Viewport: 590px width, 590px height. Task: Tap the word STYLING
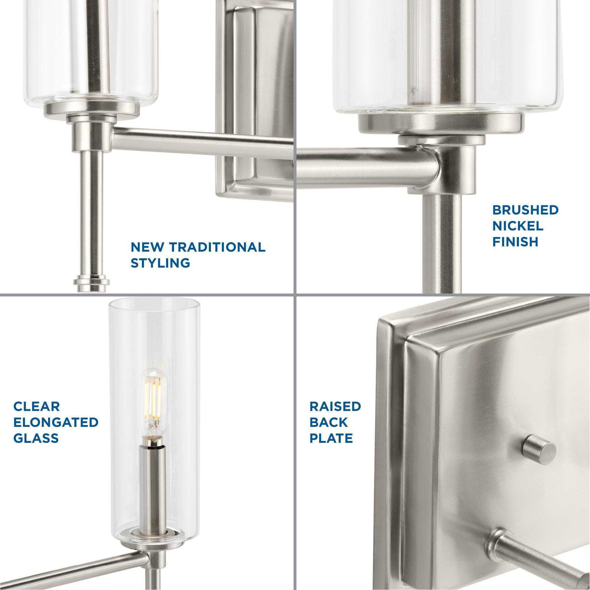tap(160, 263)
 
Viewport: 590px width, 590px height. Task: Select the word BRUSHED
tap(525, 210)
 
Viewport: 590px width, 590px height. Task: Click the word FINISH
tap(515, 242)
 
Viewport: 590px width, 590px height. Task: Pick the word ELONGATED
tap(55, 422)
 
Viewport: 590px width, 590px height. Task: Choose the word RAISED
tap(335, 407)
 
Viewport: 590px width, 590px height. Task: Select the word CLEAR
tap(37, 407)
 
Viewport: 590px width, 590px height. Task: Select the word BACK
tap(329, 422)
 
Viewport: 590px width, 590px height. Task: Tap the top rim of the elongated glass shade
tap(155, 303)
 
